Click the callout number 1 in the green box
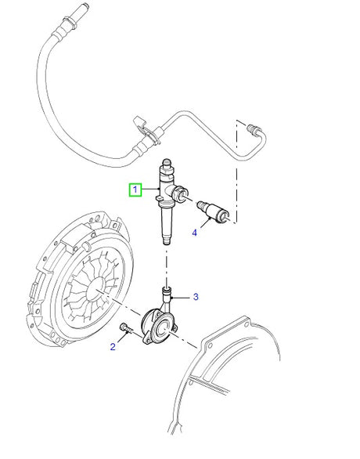(135, 190)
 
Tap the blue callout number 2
(112, 348)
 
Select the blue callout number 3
(196, 297)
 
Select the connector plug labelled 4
(214, 211)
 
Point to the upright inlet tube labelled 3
(166, 296)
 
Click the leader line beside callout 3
(183, 297)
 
